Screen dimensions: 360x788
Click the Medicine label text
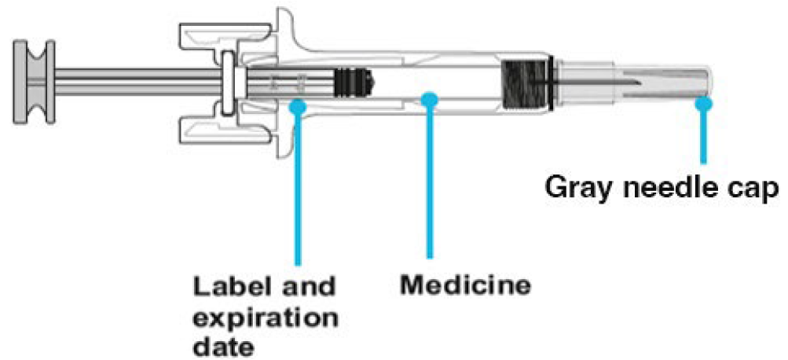click(x=465, y=284)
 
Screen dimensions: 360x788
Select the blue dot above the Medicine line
click(x=429, y=99)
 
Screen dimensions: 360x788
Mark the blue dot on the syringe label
click(x=298, y=104)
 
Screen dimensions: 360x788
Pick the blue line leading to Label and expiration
click(x=298, y=189)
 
